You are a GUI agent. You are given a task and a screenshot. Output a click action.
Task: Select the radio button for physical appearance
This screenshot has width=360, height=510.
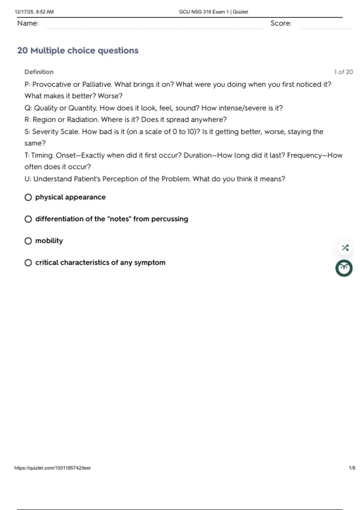(28, 197)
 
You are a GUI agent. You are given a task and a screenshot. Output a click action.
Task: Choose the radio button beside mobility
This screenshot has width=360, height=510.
(28, 241)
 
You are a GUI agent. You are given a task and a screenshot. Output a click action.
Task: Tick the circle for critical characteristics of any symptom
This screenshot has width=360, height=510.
(28, 263)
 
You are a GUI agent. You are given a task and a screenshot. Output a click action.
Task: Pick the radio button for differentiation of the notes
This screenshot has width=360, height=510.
(28, 219)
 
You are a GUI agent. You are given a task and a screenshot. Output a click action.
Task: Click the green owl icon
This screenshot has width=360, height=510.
(344, 268)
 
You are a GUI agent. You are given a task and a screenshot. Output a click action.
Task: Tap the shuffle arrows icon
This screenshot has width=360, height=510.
(345, 248)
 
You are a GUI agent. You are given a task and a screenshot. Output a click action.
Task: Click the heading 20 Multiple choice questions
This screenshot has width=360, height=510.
(78, 50)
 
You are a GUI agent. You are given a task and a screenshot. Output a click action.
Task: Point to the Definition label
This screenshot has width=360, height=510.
(39, 72)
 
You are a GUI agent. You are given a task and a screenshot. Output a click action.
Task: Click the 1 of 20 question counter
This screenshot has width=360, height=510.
(343, 72)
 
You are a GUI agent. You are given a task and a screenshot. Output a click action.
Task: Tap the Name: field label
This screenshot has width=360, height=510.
(28, 23)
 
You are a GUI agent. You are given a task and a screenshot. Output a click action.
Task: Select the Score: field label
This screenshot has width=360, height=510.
(281, 23)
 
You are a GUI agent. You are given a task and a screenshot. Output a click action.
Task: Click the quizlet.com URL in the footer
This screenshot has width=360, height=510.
(52, 468)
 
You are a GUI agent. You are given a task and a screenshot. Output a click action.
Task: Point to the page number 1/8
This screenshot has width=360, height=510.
(352, 468)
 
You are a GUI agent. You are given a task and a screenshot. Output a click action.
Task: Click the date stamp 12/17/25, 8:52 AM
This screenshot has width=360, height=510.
(34, 12)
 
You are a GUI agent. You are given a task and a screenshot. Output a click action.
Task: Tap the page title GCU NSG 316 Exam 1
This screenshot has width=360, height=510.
(213, 12)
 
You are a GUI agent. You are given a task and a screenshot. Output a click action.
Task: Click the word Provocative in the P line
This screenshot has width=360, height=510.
(52, 85)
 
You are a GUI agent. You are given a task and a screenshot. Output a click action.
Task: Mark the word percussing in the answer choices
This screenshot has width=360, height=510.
(169, 219)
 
